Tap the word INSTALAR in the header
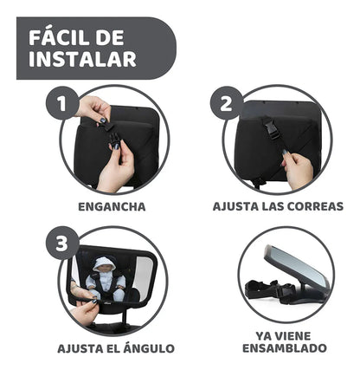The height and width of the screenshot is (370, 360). [82, 60]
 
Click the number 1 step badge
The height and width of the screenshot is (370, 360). [61, 105]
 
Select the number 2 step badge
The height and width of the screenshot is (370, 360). [226, 105]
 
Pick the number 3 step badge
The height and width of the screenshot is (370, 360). [61, 243]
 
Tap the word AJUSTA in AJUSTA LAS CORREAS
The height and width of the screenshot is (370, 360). [236, 207]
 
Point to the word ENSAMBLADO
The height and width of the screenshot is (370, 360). [285, 348]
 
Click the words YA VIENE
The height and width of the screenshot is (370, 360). [285, 334]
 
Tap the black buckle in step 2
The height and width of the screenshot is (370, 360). [271, 130]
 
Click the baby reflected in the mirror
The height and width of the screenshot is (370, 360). [106, 279]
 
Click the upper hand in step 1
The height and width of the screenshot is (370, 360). [93, 108]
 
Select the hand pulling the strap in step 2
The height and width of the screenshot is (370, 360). [297, 170]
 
